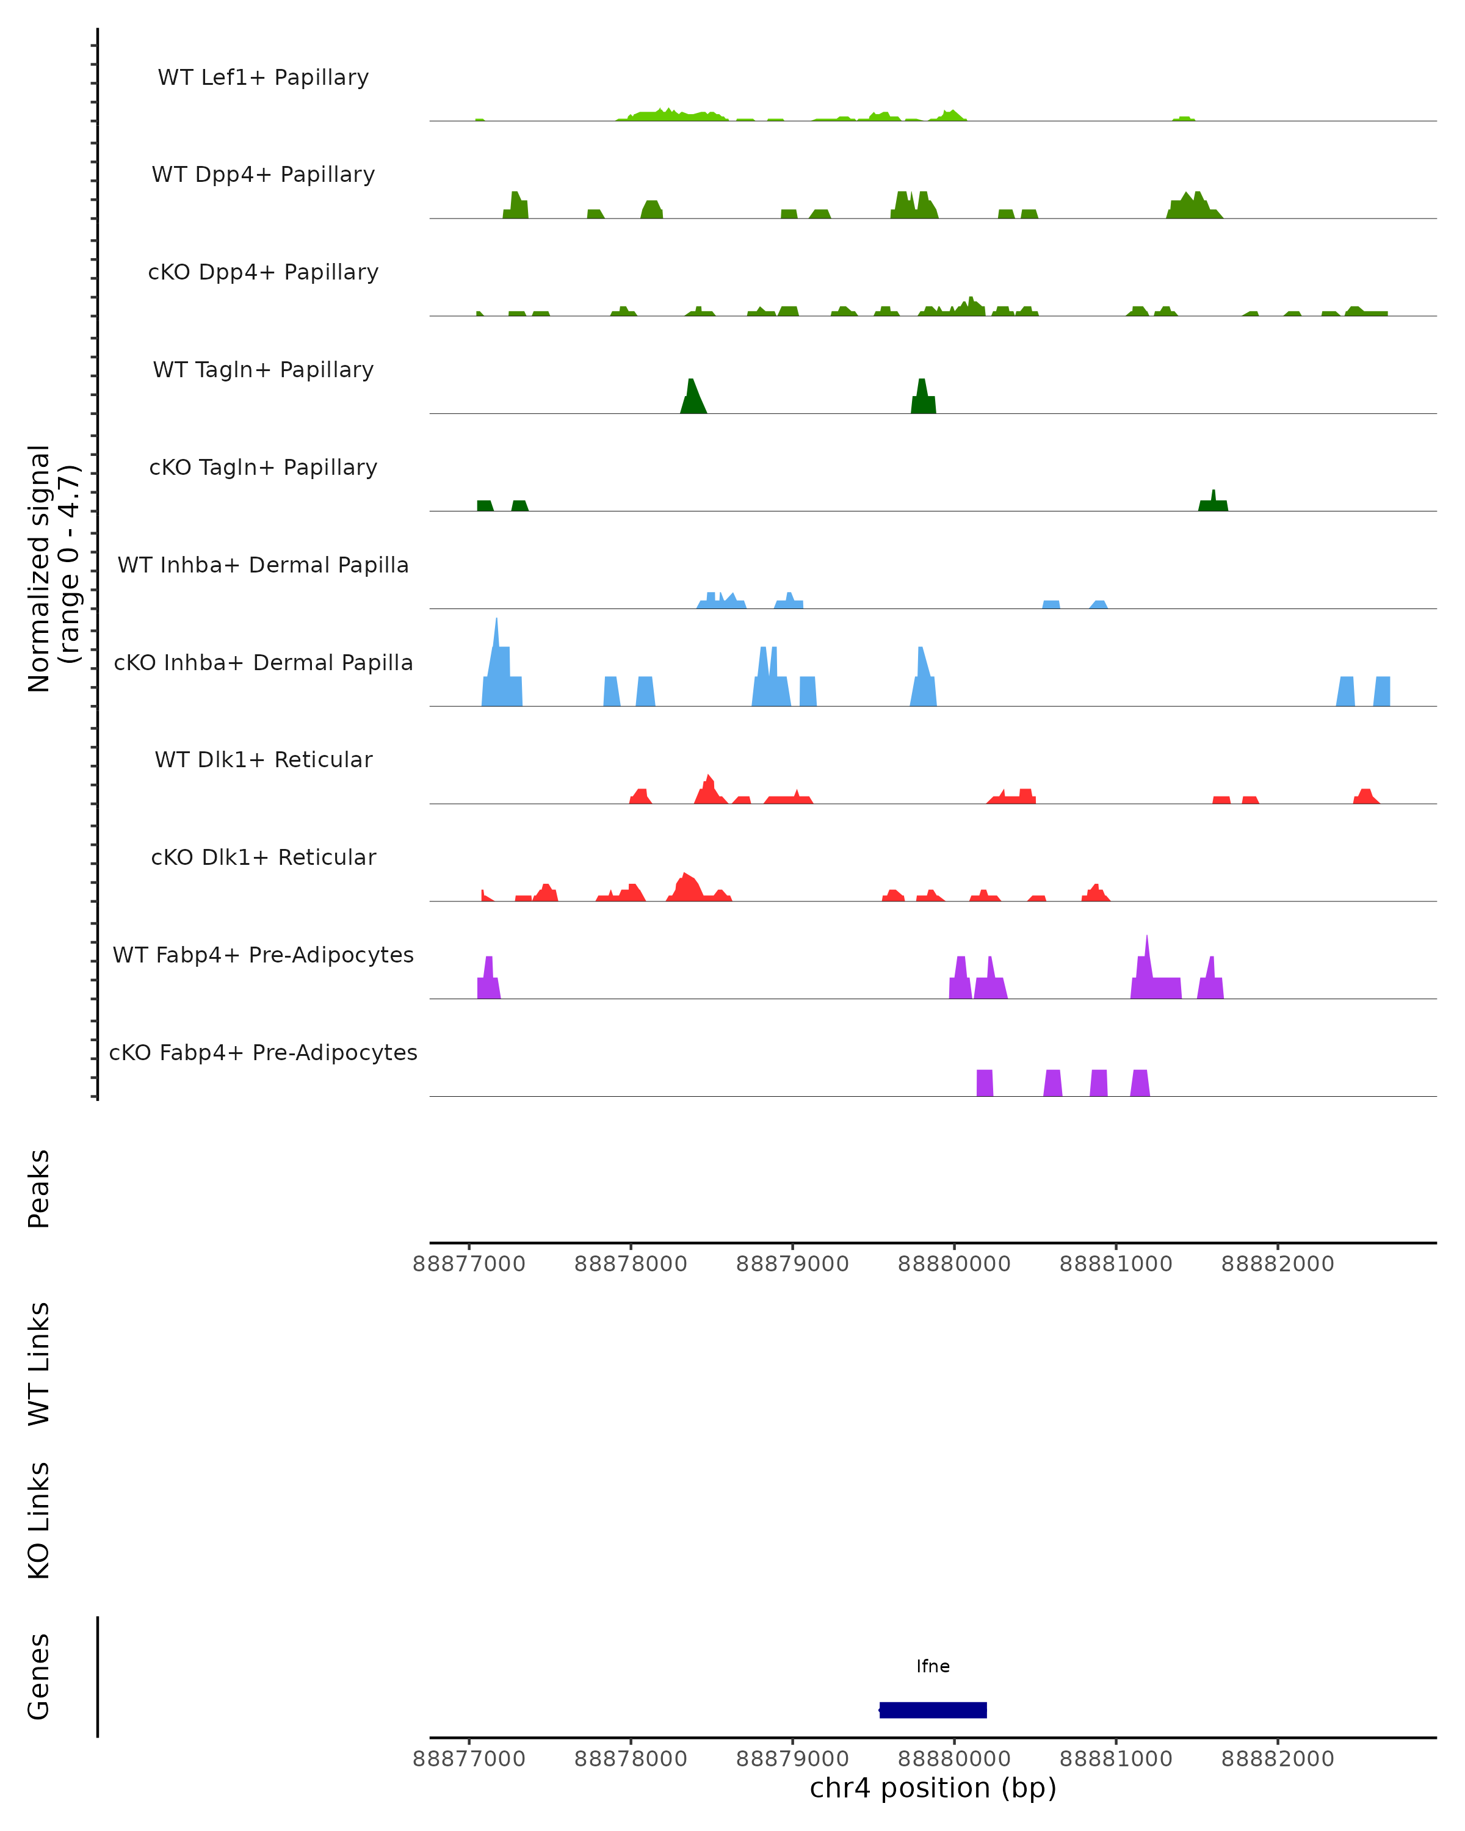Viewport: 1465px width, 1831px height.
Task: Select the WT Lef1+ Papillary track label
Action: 263,78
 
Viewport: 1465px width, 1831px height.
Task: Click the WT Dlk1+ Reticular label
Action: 263,759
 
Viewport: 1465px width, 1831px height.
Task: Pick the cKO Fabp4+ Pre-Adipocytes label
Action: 263,1052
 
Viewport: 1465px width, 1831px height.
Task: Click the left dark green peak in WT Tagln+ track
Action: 692,395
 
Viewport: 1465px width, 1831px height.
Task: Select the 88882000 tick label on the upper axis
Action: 1278,1264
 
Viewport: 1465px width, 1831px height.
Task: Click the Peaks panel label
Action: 39,1188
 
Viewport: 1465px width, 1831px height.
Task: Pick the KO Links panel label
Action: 39,1521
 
